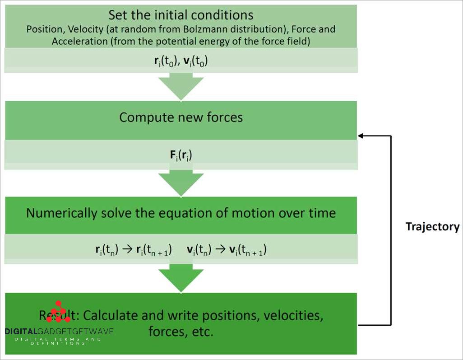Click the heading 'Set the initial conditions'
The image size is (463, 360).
[181, 14]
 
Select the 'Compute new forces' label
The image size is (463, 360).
[181, 117]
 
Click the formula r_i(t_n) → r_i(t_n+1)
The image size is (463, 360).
[133, 251]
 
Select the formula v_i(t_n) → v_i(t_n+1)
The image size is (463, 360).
[227, 251]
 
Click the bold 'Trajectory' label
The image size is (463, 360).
[432, 227]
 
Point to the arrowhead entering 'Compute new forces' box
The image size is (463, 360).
[361, 135]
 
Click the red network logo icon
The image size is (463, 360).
[58, 312]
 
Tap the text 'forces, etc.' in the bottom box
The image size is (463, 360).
[181, 332]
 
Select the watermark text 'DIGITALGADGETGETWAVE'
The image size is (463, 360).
[59, 331]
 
